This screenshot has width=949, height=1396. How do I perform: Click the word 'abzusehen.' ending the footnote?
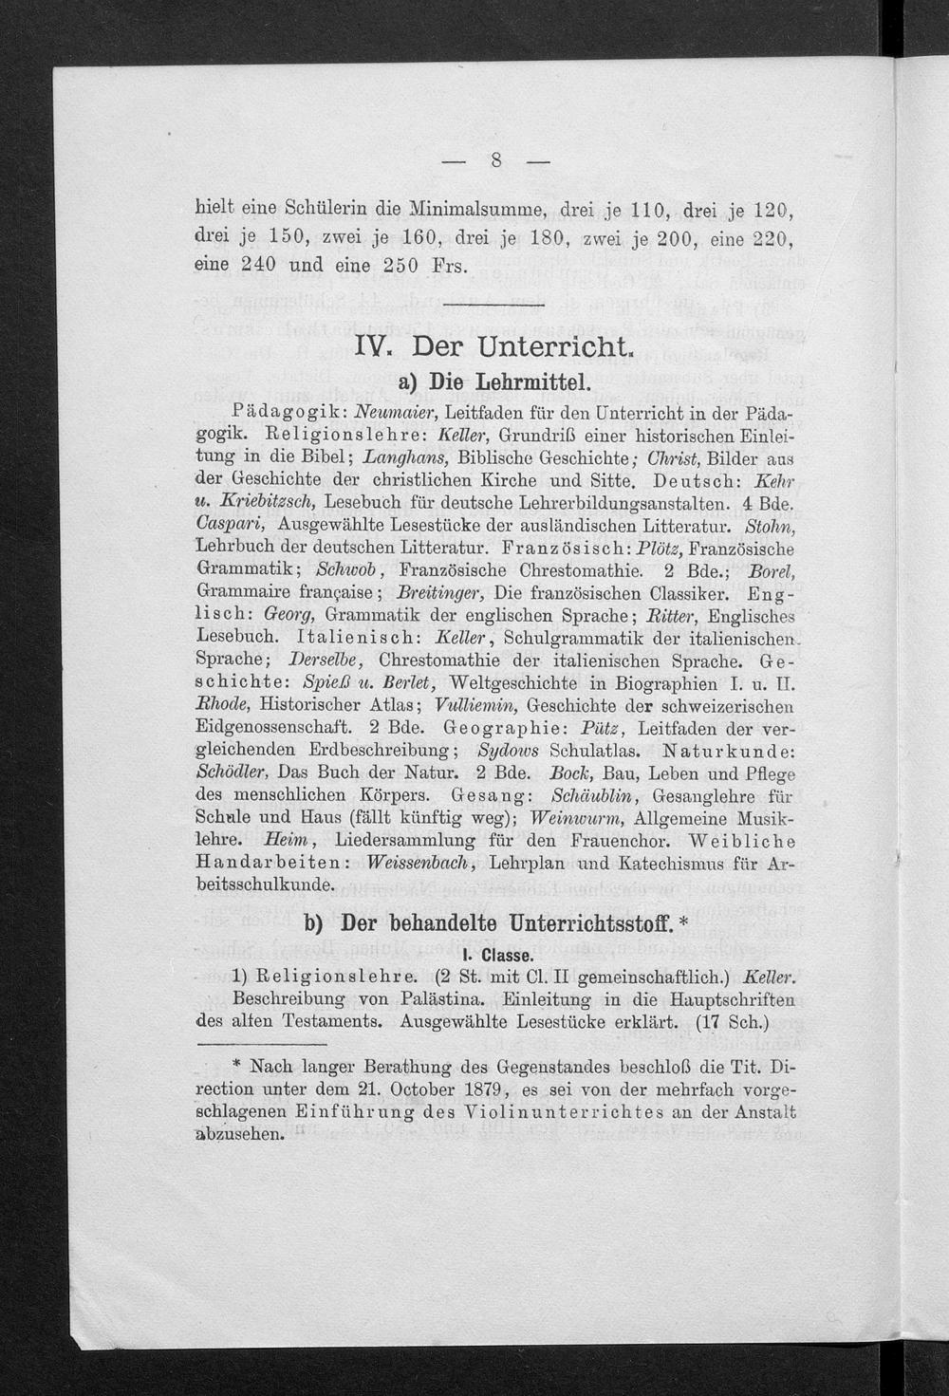coord(240,1134)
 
